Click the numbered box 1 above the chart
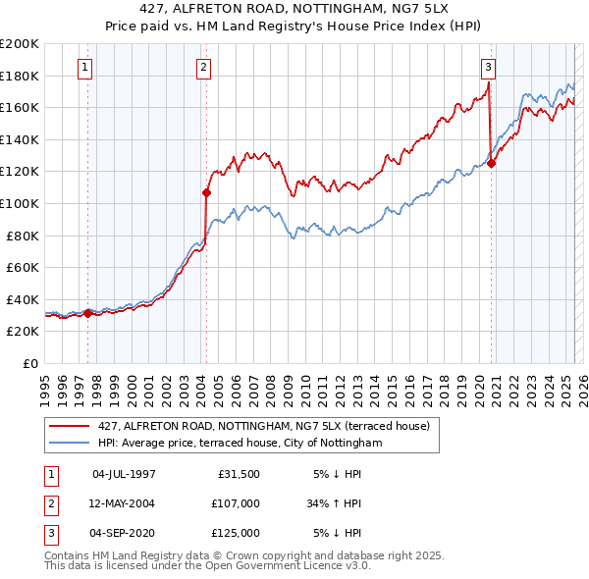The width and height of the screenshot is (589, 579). point(85,68)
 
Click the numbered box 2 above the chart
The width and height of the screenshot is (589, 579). point(203,68)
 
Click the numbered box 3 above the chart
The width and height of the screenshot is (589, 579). point(488,68)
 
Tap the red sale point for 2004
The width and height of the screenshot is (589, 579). point(207,192)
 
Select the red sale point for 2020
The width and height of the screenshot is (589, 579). point(492,164)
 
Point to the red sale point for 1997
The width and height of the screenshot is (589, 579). point(87,313)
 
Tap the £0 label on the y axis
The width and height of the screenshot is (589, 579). point(29,363)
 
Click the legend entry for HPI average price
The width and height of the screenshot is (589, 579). point(238,444)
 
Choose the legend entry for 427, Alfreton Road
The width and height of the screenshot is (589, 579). point(263,426)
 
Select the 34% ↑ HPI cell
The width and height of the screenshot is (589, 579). point(334,503)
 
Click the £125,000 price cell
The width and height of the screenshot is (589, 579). point(235,533)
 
